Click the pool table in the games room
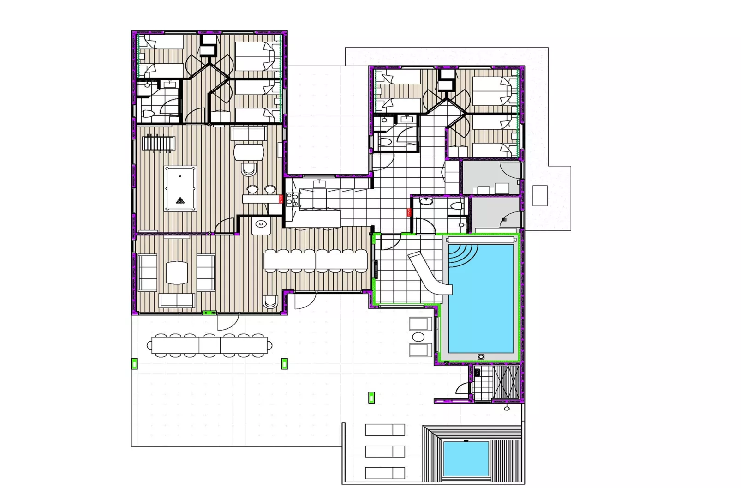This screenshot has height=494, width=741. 180,188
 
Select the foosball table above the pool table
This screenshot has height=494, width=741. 158,143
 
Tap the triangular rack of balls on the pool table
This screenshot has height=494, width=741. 180,200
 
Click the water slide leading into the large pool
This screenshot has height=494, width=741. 430,273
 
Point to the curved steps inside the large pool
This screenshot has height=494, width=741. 462,255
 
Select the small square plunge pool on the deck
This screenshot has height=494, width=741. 466,458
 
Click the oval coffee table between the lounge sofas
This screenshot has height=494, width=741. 176,272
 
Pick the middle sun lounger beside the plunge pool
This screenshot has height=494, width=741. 385,451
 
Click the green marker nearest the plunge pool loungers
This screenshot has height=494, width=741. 371,397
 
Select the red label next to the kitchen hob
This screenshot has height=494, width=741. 281,199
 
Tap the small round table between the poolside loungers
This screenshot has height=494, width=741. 418,337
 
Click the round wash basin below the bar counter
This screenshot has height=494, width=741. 260,225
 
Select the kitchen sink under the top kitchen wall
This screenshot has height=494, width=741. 319,184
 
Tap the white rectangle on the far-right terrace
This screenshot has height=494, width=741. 540,195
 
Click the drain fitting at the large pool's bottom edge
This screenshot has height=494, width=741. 481,356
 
